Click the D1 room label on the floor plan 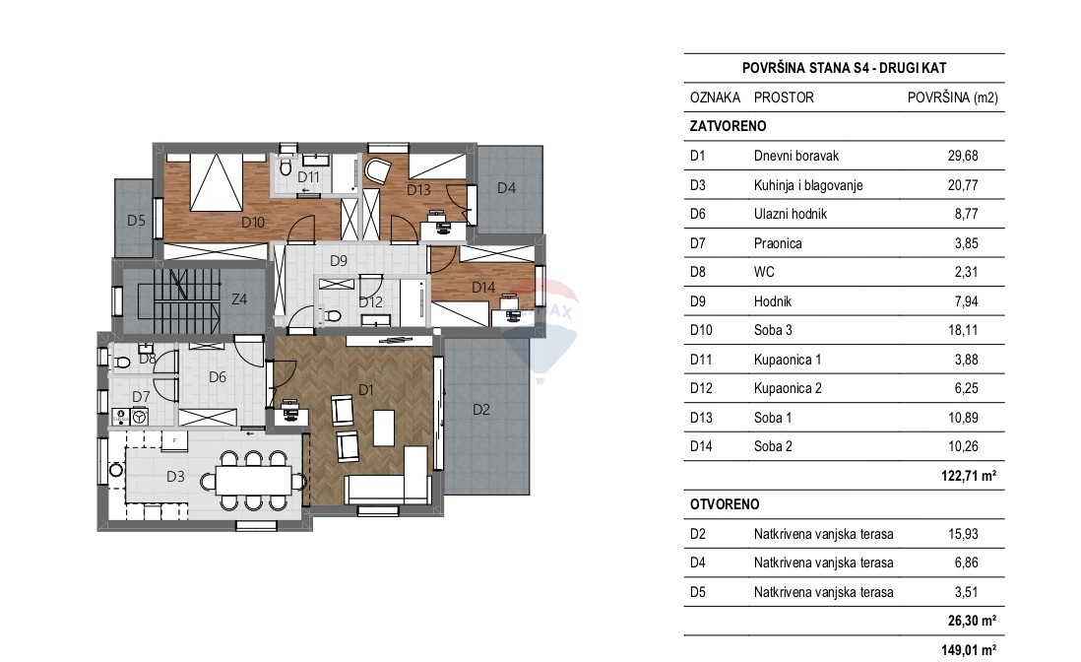click(366, 390)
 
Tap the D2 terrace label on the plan click(480, 410)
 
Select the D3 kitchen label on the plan click(175, 477)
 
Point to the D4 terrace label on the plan click(506, 188)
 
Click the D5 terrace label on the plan click(136, 221)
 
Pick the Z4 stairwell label click(238, 299)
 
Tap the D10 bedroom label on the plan click(253, 223)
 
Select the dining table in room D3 click(254, 480)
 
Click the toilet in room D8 click(123, 362)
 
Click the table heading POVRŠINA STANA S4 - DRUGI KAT click(844, 68)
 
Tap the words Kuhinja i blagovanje click(808, 185)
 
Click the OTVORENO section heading click(725, 504)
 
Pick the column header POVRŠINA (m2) click(951, 98)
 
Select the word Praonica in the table click(778, 243)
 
